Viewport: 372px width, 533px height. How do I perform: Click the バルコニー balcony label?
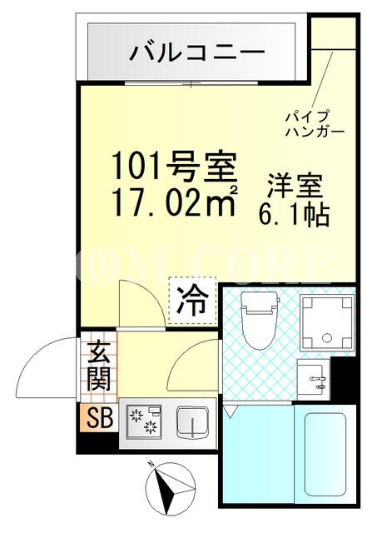tap(196, 52)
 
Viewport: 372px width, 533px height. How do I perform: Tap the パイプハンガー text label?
tap(315, 124)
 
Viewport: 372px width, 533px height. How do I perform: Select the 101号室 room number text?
tap(174, 166)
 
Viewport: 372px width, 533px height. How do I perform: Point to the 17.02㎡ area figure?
tap(174, 202)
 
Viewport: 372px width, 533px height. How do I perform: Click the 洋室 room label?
tap(295, 186)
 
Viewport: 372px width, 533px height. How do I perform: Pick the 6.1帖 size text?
tap(295, 215)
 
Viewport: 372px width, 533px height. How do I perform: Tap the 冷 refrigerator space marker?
tap(192, 301)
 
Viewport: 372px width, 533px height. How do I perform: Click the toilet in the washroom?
tap(260, 320)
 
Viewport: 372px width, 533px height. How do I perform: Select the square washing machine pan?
tap(327, 322)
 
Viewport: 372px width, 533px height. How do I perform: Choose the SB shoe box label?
tap(100, 418)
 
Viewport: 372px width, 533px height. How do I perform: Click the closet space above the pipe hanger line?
tap(333, 32)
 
